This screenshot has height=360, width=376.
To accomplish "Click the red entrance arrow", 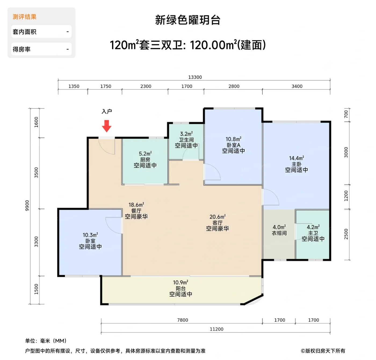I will [x=107, y=126].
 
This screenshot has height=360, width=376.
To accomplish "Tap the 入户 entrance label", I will [x=107, y=111].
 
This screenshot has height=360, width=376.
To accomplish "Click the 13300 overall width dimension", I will [x=195, y=77].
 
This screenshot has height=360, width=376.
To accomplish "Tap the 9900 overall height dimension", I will [x=27, y=206].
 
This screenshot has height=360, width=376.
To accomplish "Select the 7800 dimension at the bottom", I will [x=183, y=320].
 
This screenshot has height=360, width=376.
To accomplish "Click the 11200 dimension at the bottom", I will [x=216, y=329].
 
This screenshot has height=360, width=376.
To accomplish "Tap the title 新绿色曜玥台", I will [x=188, y=20].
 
